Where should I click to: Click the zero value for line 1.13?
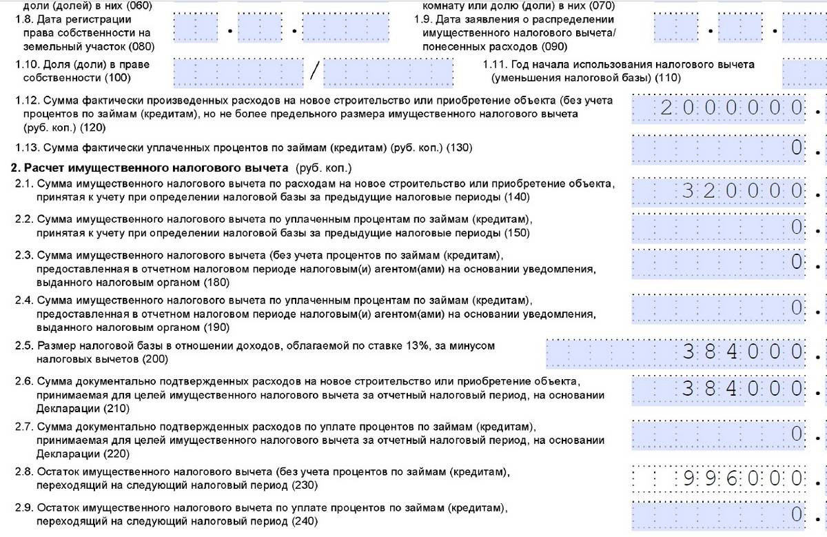(797, 147)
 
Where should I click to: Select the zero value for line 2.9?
(797, 514)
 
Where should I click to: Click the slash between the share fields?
(316, 70)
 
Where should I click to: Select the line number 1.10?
(28, 64)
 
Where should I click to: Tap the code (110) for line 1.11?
(668, 78)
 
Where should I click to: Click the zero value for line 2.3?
(797, 261)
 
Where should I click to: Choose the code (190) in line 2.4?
(215, 327)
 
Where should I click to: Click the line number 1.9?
(423, 19)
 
